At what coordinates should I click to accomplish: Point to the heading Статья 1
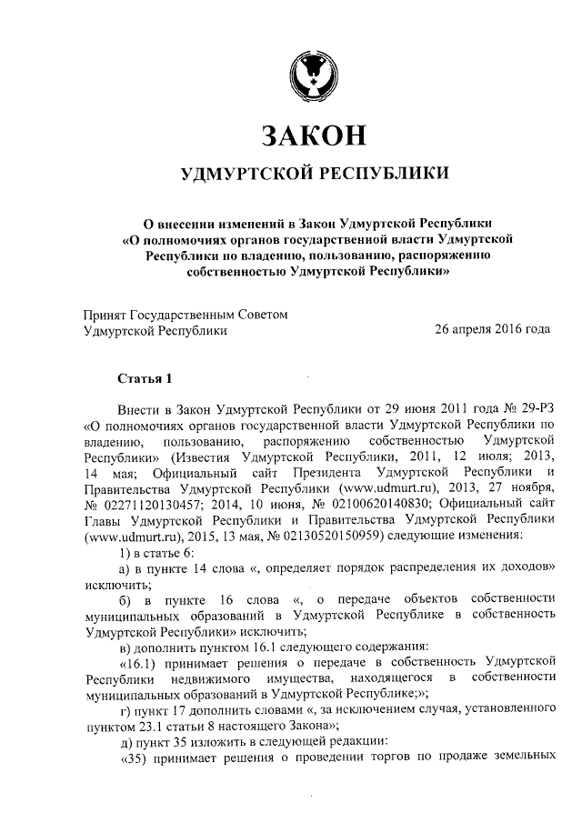tap(145, 377)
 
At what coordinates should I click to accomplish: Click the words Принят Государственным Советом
tap(185, 315)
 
